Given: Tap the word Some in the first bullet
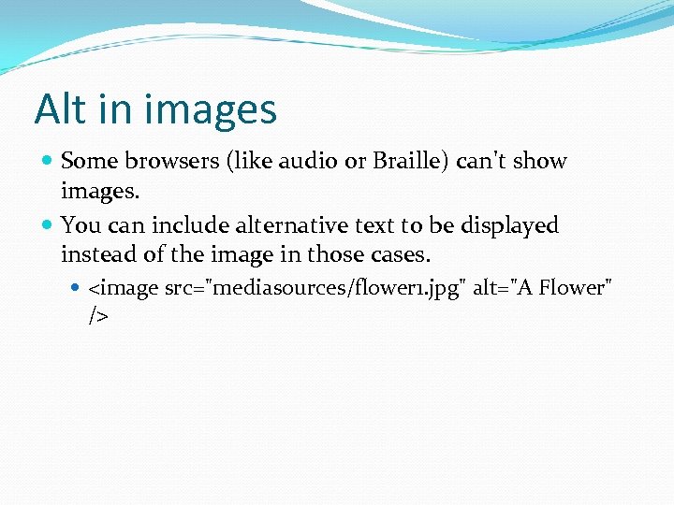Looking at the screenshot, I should coord(88,161).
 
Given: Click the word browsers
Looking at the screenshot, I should coord(164,161).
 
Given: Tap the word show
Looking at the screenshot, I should coord(540,161).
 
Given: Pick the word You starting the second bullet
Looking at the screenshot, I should coord(79,225).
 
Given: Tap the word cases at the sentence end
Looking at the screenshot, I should coord(401,253).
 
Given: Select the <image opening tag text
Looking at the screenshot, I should coord(124,289).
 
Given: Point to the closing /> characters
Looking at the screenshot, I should coord(98,316).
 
